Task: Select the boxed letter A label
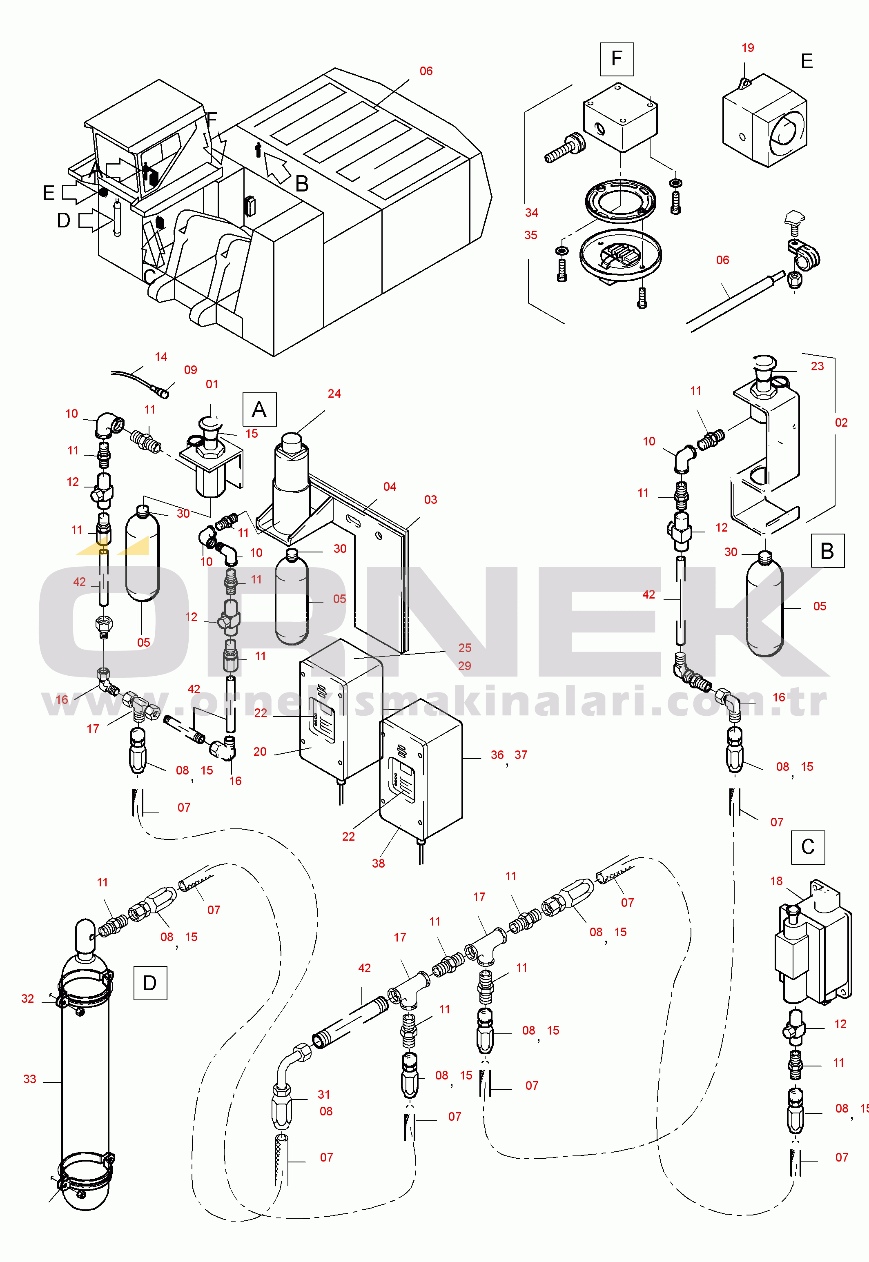(x=259, y=409)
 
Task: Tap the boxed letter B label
(x=827, y=551)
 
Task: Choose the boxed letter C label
(x=808, y=847)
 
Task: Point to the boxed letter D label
(x=150, y=983)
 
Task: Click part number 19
(x=748, y=48)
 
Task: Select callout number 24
(x=334, y=394)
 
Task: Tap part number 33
(x=29, y=1079)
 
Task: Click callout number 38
(x=379, y=864)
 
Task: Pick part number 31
(x=324, y=1094)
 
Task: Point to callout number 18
(x=776, y=881)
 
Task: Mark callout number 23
(x=817, y=366)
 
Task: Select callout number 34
(x=531, y=213)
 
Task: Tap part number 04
(x=390, y=487)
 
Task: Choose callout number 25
(x=464, y=648)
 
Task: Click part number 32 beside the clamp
(x=28, y=999)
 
